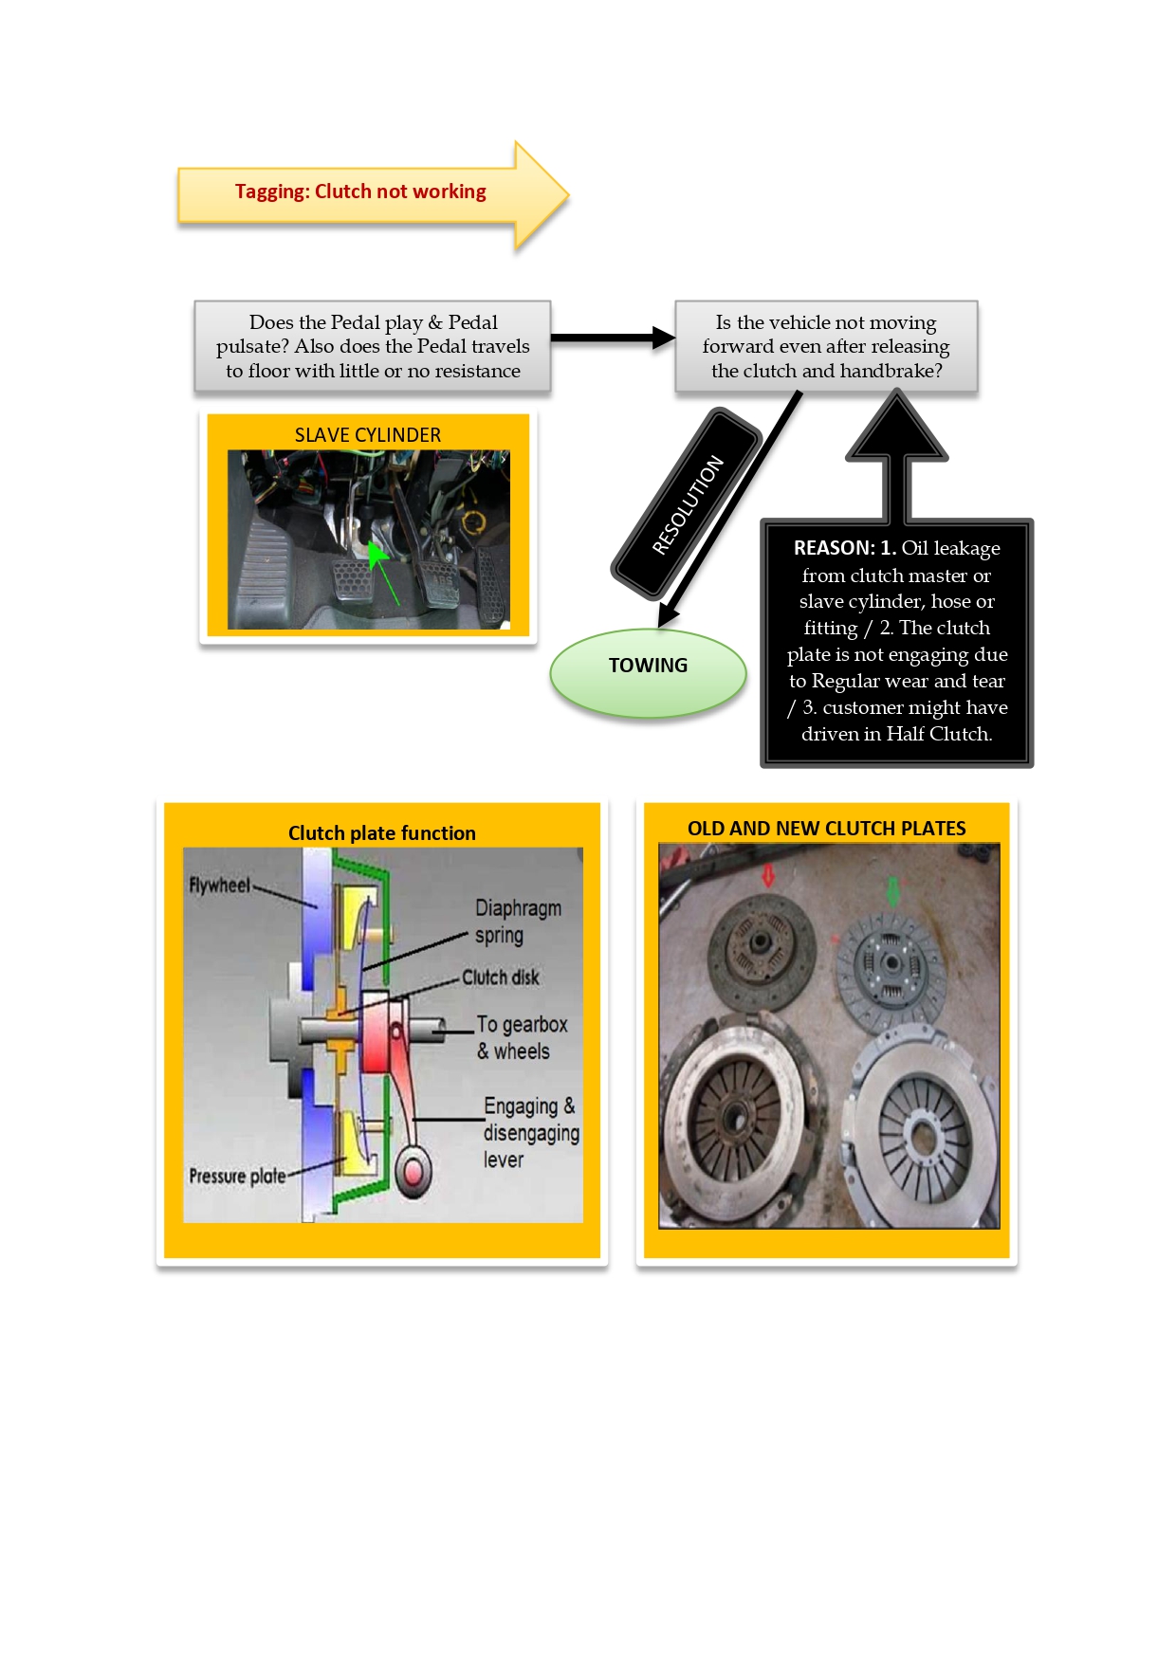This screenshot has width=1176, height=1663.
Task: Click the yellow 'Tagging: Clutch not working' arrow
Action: click(360, 192)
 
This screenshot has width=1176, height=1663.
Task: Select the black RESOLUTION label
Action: click(688, 504)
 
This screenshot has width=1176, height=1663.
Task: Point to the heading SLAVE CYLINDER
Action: click(367, 435)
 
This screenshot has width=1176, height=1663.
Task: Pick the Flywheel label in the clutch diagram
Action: click(219, 886)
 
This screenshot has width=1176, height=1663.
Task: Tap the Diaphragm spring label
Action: click(517, 922)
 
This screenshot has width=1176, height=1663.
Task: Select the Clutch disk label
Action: click(500, 978)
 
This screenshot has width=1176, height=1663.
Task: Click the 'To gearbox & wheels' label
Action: click(521, 1037)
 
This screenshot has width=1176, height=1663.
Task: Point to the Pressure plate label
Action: click(237, 1177)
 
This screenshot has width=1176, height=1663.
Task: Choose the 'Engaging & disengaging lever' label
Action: click(529, 1132)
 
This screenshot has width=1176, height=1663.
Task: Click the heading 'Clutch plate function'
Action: click(381, 833)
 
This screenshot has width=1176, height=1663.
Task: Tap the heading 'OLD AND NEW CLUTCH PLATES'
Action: click(826, 829)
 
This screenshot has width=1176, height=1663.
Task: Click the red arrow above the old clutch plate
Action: click(768, 877)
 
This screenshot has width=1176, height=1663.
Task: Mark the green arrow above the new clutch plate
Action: click(892, 891)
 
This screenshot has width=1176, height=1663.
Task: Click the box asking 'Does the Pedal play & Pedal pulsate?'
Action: click(373, 347)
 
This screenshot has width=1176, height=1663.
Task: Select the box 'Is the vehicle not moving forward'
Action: click(826, 347)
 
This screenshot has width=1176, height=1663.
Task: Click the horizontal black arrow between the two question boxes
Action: click(612, 338)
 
